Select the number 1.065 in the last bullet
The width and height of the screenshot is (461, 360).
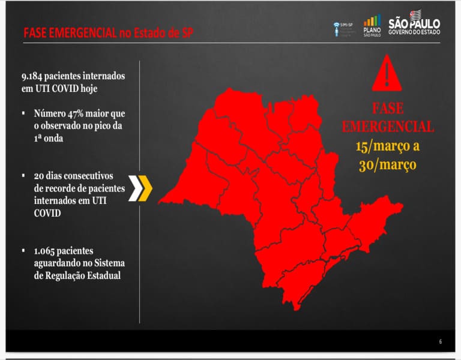click(46, 250)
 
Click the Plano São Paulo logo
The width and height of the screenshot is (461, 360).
click(372, 25)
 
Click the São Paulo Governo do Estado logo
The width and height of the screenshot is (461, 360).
click(414, 25)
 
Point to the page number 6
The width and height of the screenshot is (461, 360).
click(440, 342)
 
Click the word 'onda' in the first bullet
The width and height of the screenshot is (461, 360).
click(52, 137)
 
